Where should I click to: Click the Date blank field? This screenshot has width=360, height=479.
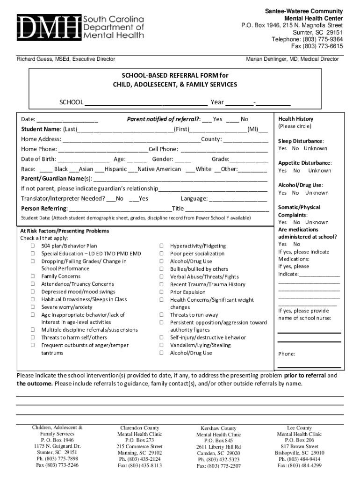pos(67,119)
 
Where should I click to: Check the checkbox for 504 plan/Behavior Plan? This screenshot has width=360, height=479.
pos(33,246)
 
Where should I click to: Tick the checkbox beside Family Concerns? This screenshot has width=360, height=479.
pos(33,276)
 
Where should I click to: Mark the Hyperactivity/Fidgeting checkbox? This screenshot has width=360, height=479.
pos(161,246)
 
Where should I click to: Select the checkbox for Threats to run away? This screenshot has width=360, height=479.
pos(161,315)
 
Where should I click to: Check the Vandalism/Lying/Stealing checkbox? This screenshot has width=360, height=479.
pos(161,345)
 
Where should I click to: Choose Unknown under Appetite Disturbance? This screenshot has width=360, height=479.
pos(319,171)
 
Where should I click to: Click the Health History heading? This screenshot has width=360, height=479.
pos(296,119)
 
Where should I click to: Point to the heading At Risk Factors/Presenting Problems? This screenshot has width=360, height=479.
pos(65,231)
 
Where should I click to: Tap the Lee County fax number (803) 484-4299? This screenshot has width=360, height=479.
pos(299,465)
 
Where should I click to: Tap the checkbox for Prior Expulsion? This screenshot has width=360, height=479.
pos(161,292)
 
